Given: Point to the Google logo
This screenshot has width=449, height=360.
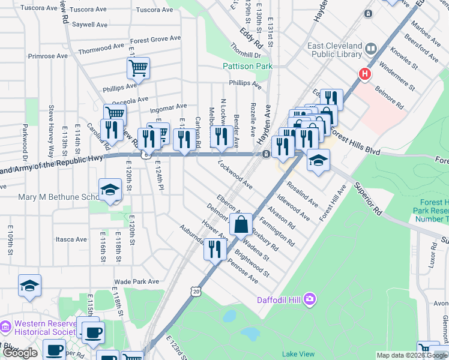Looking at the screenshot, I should (x=20, y=353).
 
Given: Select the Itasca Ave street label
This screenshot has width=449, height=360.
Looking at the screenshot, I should (x=71, y=239).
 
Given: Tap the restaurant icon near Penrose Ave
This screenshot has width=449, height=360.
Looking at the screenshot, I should (x=215, y=249).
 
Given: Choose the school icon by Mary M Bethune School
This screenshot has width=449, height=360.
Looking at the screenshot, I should (x=110, y=190).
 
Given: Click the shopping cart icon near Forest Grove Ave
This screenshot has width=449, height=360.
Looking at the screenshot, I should (x=138, y=68).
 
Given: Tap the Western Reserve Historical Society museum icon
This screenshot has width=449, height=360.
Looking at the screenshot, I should (x=6, y=327).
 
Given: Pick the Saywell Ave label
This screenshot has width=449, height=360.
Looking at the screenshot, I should (x=90, y=25).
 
